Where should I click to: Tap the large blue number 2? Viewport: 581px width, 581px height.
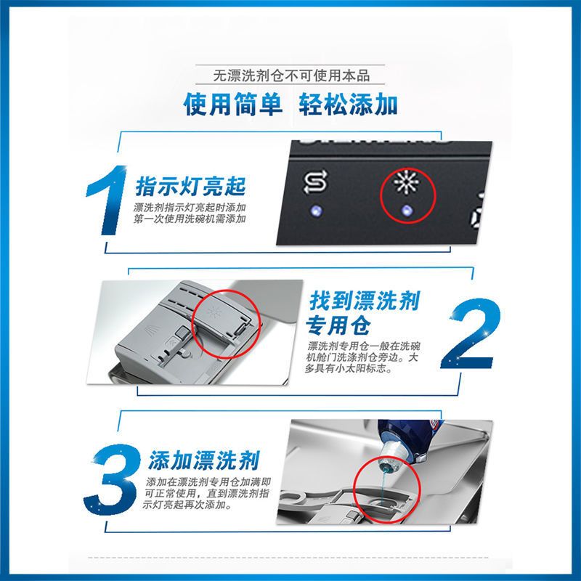click(x=473, y=336)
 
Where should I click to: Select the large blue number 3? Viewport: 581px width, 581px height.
click(x=115, y=476)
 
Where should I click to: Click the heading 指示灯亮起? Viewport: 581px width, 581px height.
click(x=191, y=187)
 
